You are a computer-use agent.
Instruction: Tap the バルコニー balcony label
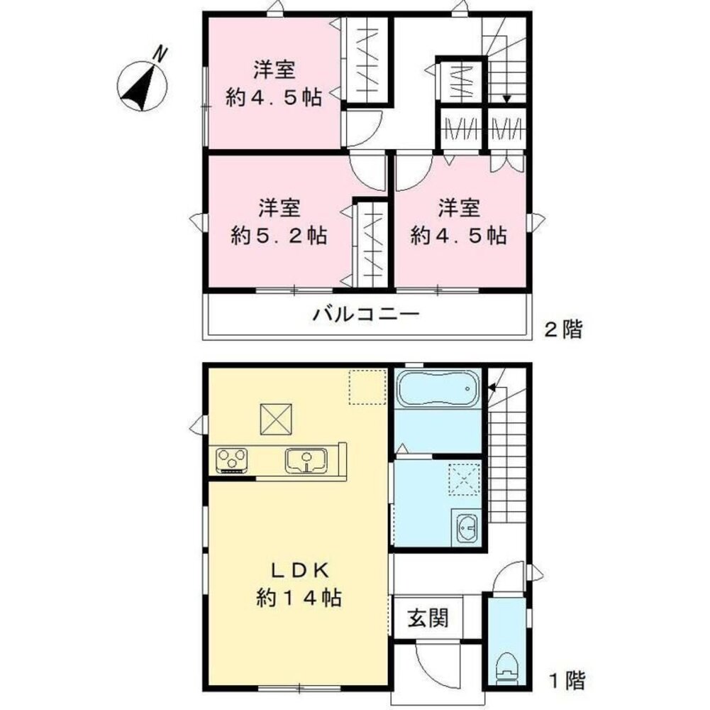(x=366, y=314)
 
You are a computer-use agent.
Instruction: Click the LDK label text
(x=300, y=571)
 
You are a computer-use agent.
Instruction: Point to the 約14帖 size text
(x=299, y=598)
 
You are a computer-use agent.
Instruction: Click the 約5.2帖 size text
(x=279, y=236)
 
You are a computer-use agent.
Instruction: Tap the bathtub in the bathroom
(x=438, y=388)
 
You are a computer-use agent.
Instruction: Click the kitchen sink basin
(x=306, y=460)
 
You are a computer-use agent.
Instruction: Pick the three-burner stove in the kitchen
(x=232, y=460)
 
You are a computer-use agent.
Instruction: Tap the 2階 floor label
(x=563, y=329)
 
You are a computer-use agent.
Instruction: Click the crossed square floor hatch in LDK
(x=276, y=420)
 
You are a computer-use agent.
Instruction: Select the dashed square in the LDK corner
(x=367, y=387)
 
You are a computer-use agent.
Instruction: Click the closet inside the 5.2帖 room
(x=370, y=244)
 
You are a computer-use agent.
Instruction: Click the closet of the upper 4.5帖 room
(x=367, y=60)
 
